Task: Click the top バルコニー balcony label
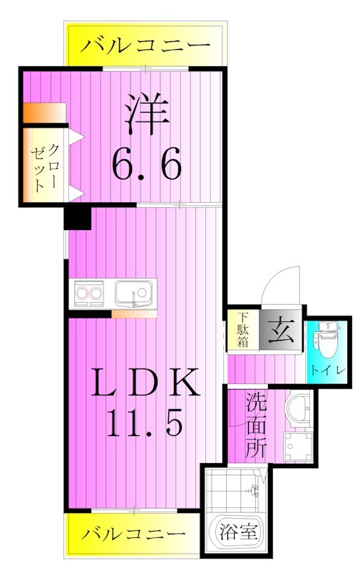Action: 146,47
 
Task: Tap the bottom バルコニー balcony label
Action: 133,533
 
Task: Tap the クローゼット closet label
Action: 44,165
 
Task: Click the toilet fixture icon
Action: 328,341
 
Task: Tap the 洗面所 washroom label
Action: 256,425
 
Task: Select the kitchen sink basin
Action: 134,294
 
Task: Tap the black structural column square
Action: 77,217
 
